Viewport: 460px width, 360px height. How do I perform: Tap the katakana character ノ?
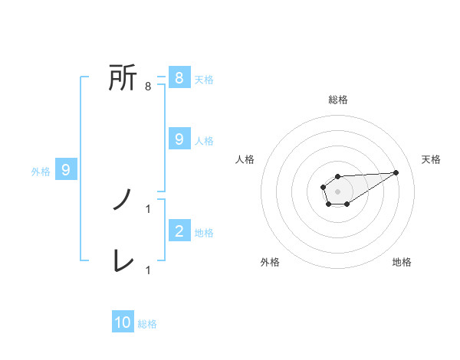[123, 200]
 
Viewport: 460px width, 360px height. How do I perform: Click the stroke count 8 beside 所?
[147, 87]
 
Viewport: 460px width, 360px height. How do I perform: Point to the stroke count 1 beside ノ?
[147, 208]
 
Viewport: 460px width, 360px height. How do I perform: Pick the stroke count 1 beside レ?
[147, 270]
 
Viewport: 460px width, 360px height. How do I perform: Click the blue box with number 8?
[179, 78]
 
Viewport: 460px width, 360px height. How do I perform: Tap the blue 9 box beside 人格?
[179, 139]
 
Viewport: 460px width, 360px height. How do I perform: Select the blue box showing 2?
[179, 231]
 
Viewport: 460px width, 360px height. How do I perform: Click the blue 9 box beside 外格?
[66, 170]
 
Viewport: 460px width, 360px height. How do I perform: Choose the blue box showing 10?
[123, 322]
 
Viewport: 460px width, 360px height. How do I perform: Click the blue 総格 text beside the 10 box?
[147, 324]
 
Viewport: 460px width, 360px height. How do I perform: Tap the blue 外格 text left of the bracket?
[41, 172]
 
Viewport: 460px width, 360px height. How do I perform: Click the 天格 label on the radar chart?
[432, 159]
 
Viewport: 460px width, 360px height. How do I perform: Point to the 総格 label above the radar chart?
[338, 100]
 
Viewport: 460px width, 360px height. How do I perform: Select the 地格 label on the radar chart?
[402, 262]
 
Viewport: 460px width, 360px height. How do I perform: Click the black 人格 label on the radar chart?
[245, 159]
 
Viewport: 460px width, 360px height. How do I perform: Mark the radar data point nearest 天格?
[396, 172]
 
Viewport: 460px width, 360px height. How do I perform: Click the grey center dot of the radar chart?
[337, 191]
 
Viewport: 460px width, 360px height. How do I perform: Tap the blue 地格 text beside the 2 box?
[204, 232]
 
